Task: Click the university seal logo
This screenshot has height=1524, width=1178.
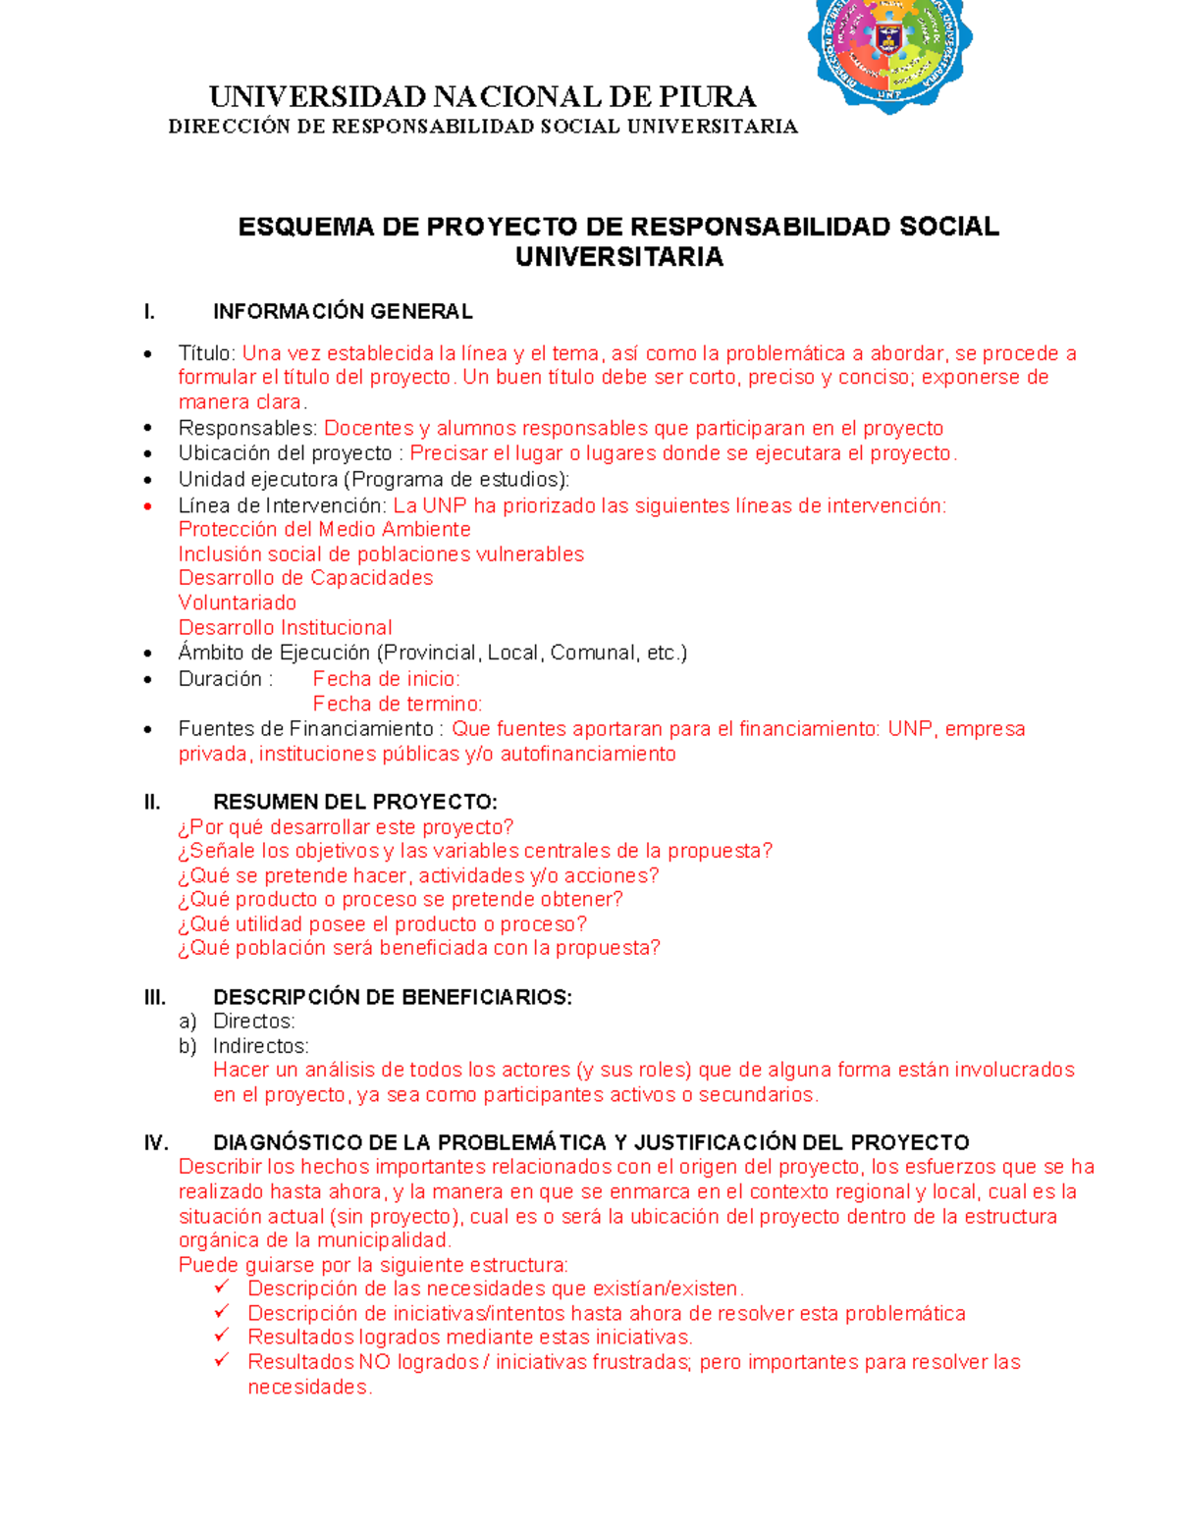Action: click(x=889, y=49)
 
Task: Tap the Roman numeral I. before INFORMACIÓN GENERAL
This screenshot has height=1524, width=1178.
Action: click(x=149, y=312)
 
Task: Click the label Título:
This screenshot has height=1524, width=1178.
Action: click(x=207, y=353)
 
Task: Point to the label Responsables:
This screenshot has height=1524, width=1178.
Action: click(x=247, y=428)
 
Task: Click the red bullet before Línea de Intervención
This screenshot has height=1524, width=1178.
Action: click(x=148, y=506)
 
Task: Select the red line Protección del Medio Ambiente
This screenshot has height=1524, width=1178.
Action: click(x=324, y=530)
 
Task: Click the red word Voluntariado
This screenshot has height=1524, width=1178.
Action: click(x=237, y=603)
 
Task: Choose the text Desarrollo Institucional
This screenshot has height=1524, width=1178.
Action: click(x=285, y=627)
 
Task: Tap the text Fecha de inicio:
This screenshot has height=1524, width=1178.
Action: click(x=386, y=679)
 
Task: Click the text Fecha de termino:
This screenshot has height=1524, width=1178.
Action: click(x=397, y=704)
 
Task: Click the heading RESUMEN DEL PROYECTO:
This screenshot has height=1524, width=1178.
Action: click(x=354, y=803)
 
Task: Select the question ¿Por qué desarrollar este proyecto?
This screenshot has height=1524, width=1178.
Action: click(x=346, y=827)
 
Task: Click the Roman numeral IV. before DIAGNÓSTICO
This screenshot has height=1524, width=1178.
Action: click(x=156, y=1143)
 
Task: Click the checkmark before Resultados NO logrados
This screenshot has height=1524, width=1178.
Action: click(x=222, y=1360)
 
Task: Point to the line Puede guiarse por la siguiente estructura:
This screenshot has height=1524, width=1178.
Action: click(x=373, y=1265)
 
